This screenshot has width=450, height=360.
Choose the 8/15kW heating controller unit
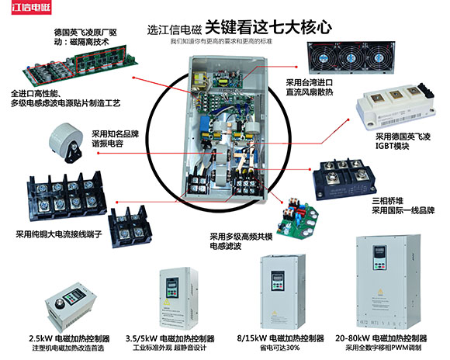(x=283, y=288)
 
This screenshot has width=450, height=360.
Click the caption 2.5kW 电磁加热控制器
(x=69, y=339)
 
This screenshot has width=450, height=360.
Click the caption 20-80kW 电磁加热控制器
(x=380, y=339)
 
